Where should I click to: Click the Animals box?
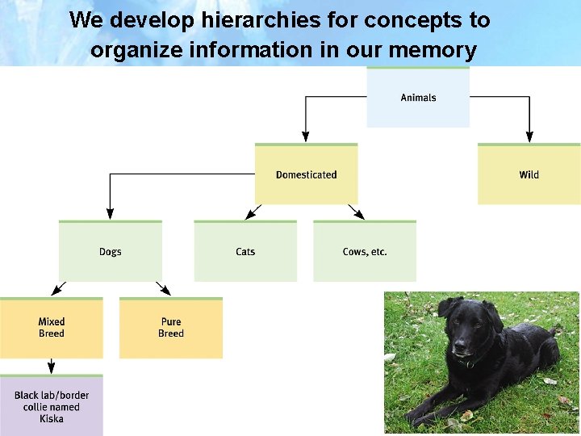(x=418, y=98)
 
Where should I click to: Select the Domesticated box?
(x=306, y=174)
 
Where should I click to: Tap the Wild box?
(x=529, y=174)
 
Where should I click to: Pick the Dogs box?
(x=111, y=252)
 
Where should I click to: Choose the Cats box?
(x=245, y=252)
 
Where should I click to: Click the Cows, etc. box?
(x=365, y=252)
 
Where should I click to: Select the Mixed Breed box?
(x=52, y=328)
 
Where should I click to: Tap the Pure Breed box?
(x=171, y=328)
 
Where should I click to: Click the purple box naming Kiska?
(x=52, y=406)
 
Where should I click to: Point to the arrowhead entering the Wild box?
(x=529, y=137)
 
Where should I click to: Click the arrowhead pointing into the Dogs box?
(x=111, y=215)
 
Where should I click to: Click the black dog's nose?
(x=460, y=352)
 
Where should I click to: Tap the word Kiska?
(x=52, y=419)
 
